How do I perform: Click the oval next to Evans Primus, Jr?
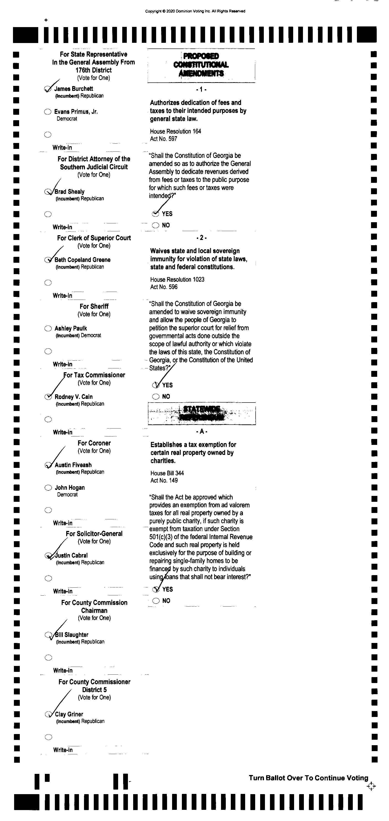click(x=48, y=112)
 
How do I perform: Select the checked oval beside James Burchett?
click(x=48, y=89)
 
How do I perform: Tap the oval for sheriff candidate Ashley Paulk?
click(x=48, y=328)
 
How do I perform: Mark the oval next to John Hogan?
click(x=48, y=488)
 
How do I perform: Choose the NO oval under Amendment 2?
click(x=156, y=396)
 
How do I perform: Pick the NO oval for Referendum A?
click(x=156, y=601)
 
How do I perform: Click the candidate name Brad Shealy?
click(x=69, y=191)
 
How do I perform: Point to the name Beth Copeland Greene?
click(x=83, y=260)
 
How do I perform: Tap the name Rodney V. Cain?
click(x=74, y=397)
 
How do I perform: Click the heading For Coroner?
click(x=94, y=443)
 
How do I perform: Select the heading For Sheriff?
click(x=94, y=306)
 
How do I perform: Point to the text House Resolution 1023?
click(x=177, y=280)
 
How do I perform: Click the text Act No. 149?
click(x=164, y=481)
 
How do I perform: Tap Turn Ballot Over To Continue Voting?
click(x=308, y=778)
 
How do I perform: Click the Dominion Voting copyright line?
click(x=195, y=11)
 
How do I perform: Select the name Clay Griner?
click(x=69, y=714)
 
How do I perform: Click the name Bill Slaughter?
click(x=71, y=635)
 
